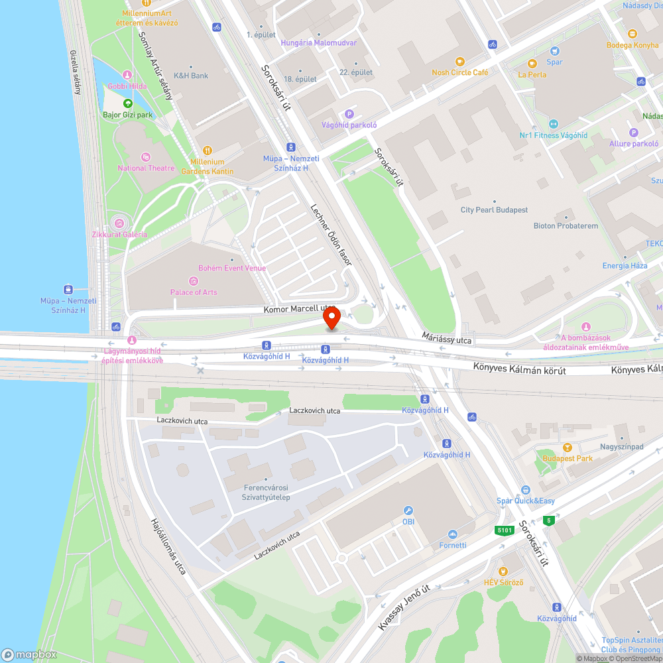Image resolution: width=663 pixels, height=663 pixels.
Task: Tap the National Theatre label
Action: pyautogui.click(x=146, y=168)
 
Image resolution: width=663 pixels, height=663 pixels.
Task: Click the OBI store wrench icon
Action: pyautogui.click(x=408, y=511)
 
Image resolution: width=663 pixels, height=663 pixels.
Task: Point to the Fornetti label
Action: pyautogui.click(x=453, y=545)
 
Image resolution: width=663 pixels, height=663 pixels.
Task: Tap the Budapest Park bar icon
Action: pyautogui.click(x=566, y=448)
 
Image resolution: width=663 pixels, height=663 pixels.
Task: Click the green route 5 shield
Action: pyautogui.click(x=548, y=520)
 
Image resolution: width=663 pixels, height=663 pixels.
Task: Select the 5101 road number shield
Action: pyautogui.click(x=504, y=530)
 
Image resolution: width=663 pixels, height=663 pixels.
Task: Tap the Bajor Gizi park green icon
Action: pyautogui.click(x=128, y=103)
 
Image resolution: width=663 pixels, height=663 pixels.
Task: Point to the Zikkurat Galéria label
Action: pyautogui.click(x=119, y=234)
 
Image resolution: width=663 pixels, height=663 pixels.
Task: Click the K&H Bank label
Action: pyautogui.click(x=190, y=76)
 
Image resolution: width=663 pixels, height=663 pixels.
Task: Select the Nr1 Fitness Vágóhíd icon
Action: pyautogui.click(x=553, y=124)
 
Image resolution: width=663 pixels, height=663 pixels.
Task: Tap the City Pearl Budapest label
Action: pyautogui.click(x=494, y=210)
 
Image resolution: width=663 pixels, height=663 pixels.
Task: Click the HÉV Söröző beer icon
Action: pyautogui.click(x=503, y=572)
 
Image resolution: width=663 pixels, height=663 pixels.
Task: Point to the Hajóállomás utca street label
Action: pyautogui.click(x=168, y=546)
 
